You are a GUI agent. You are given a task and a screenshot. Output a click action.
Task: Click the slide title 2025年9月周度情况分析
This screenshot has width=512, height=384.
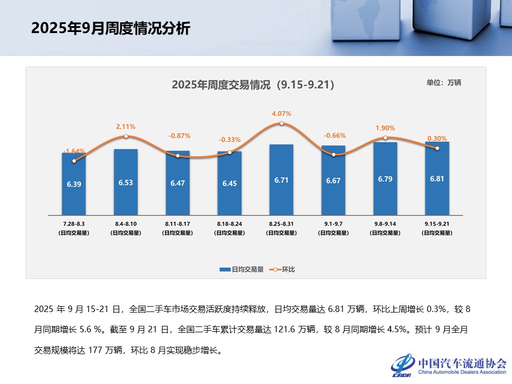point(110,28)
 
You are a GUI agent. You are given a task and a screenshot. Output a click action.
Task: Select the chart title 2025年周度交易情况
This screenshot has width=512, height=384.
point(253,85)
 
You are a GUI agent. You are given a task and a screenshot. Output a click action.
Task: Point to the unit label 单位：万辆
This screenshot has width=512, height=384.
point(443,83)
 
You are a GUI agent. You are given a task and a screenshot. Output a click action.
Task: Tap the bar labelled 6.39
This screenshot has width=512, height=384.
point(74,184)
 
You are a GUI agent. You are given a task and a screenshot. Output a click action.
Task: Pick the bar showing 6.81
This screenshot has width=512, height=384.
point(437,179)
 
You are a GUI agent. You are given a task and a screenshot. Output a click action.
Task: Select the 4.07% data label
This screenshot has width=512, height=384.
point(281,114)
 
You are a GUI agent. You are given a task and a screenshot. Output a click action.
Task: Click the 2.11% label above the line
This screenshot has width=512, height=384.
point(125,126)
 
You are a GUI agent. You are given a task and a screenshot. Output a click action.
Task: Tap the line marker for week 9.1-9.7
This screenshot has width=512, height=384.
point(333,155)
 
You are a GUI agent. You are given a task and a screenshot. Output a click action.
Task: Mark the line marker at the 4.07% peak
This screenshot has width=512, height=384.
point(281,124)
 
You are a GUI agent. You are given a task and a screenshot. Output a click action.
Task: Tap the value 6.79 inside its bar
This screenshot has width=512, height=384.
point(385,179)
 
